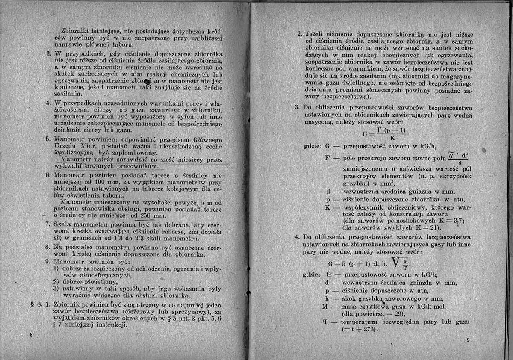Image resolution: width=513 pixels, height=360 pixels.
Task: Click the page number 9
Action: click(x=469, y=340)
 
